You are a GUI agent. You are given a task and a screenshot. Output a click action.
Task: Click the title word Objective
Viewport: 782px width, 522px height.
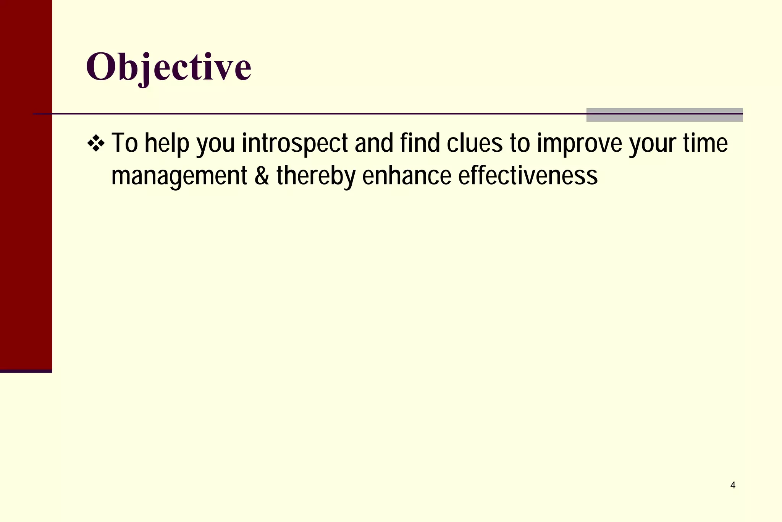pos(168,67)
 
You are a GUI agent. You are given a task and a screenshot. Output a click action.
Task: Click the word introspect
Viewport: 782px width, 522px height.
pos(295,144)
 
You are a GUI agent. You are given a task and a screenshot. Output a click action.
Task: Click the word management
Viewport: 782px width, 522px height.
pos(179,177)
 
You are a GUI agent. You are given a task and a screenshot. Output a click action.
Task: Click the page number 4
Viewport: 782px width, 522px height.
pos(733,485)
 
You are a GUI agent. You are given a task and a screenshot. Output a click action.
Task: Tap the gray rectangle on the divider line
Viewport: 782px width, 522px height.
pos(664,115)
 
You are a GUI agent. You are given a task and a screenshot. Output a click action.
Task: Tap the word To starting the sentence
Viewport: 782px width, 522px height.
pos(124,144)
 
